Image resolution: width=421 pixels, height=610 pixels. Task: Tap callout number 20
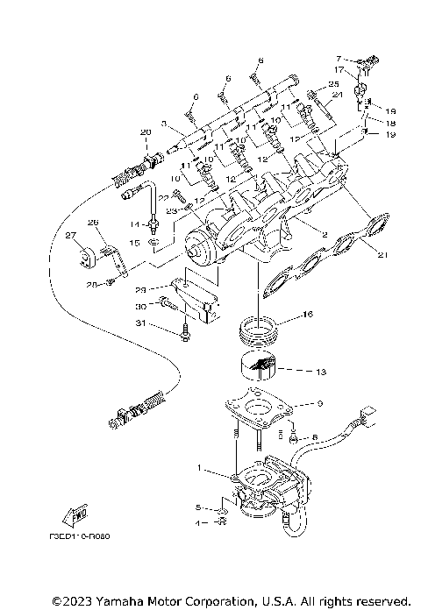coord(145,132)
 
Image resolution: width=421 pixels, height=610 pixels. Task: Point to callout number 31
coord(141,324)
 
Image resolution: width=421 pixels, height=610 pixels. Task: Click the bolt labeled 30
coord(168,304)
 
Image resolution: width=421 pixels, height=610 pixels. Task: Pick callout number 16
coord(307,313)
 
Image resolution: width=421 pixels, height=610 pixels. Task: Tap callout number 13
coord(320,372)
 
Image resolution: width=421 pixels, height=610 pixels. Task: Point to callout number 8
coord(313,435)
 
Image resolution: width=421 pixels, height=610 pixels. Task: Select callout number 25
coord(333,84)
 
